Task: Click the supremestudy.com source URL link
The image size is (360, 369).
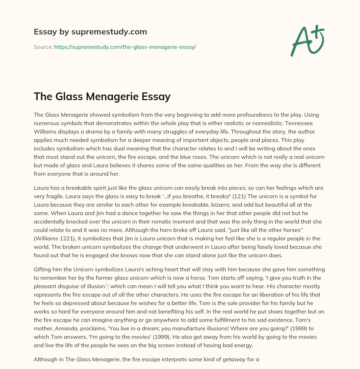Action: [x=125, y=47]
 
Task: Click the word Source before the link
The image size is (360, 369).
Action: [x=43, y=47]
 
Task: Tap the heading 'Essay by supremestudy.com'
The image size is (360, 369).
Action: [x=90, y=32]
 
